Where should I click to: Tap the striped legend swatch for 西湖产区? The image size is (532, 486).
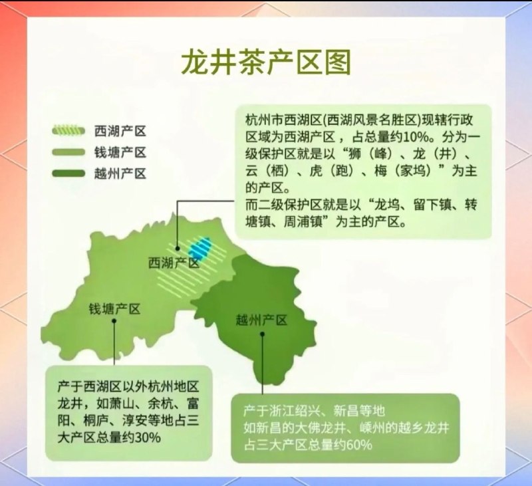68,130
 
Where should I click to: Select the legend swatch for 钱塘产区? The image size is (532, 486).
68,152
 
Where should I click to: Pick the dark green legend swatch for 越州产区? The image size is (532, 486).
68,174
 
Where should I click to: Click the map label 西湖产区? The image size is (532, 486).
174,263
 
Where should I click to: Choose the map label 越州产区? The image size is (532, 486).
261,320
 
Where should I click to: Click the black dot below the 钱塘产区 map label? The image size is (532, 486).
114,320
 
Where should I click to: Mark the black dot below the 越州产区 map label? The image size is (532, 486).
262,334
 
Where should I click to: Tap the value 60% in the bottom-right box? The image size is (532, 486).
358,445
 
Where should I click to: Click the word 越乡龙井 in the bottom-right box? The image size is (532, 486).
426,427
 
